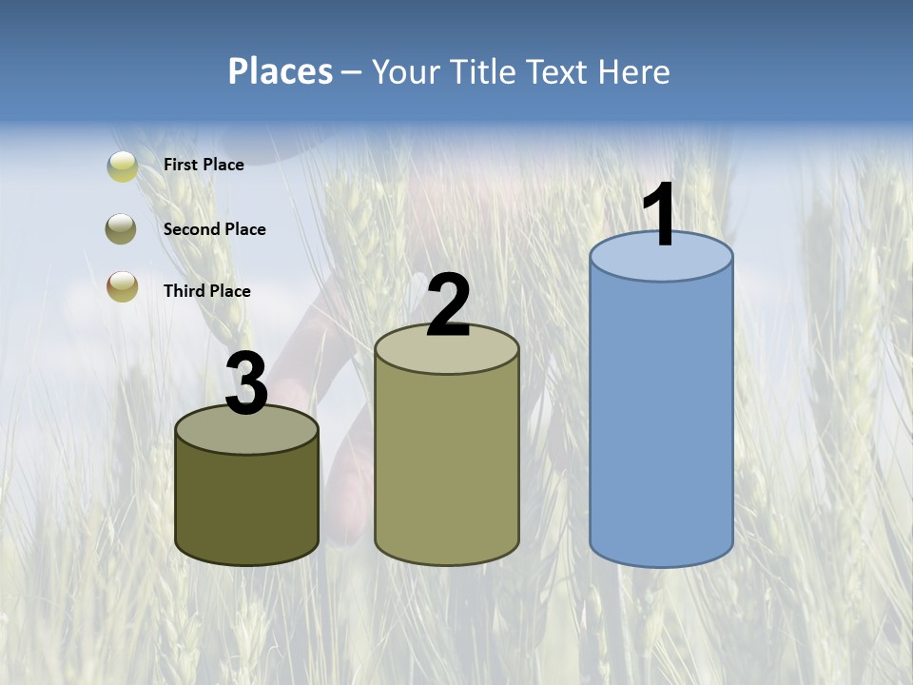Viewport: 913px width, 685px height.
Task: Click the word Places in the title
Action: click(281, 71)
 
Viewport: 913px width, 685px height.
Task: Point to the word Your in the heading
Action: click(407, 71)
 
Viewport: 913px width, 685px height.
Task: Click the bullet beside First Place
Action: click(123, 166)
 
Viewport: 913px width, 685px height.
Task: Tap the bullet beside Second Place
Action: click(122, 229)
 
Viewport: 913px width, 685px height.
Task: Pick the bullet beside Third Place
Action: click(122, 286)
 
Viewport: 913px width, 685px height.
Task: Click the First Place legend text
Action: click(204, 165)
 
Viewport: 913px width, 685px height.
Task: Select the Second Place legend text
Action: click(214, 229)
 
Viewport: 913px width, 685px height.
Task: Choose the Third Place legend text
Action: click(206, 291)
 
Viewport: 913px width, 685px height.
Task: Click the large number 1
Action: click(660, 215)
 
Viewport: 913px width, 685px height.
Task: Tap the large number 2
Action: click(449, 306)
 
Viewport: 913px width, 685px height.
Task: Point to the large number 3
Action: click(247, 383)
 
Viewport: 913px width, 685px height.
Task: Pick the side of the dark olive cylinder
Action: click(247, 504)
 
